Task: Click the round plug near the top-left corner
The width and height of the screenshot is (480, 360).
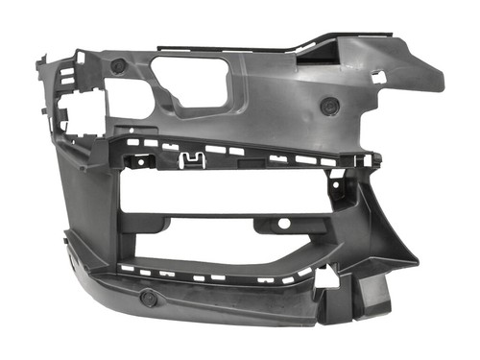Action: [x=117, y=66]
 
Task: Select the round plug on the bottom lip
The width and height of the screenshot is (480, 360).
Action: [x=149, y=298]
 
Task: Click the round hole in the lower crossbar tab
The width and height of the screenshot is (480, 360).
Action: [x=283, y=223]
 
